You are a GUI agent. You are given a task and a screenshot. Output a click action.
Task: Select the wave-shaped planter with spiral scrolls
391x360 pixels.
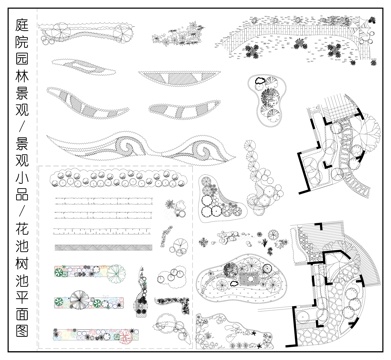pos(140,150)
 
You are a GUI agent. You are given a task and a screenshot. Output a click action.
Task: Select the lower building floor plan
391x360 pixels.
pos(335,280)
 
